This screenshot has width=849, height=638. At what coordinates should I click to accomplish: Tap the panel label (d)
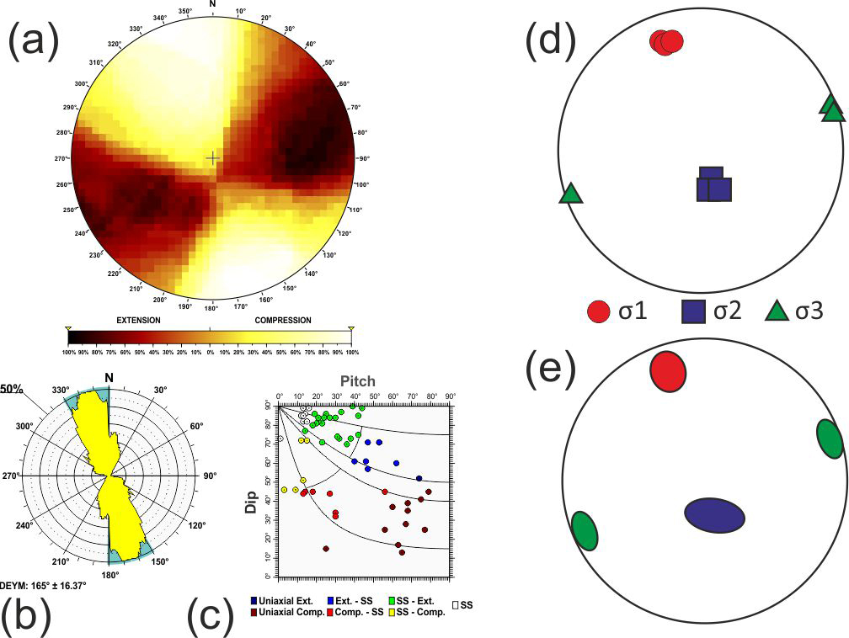click(x=551, y=41)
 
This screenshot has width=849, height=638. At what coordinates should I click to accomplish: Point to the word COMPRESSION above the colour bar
click(x=282, y=321)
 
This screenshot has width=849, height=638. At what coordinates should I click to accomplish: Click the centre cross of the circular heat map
click(x=213, y=157)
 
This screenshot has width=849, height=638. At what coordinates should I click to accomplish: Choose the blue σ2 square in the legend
click(x=693, y=313)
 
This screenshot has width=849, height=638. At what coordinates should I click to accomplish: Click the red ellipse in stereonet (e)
click(x=669, y=371)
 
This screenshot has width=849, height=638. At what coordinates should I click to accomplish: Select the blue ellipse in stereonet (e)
click(x=714, y=515)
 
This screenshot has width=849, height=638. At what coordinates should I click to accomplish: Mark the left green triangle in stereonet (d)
click(x=571, y=194)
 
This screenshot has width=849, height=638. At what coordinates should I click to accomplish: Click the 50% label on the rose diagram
click(x=11, y=389)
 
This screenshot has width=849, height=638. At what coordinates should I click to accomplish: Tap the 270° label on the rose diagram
click(x=11, y=476)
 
